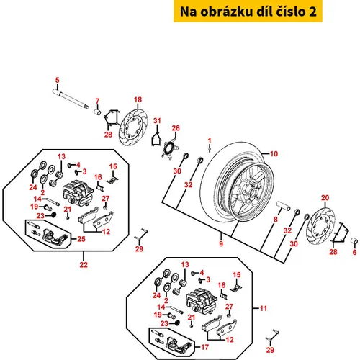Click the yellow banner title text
pos(248,12)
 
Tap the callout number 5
pos(57,80)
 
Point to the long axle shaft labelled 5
pos(71,99)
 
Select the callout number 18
pos(138,99)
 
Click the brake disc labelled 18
pos(133,127)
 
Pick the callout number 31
pos(157,120)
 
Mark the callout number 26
pos(176,128)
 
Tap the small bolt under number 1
pos(210,149)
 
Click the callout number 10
pos(274,153)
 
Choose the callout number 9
pos(221,243)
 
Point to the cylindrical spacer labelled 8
pos(283,206)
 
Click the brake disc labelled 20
pos(320,224)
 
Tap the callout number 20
pos(325,198)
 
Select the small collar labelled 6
pos(354,240)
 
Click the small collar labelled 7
pos(97,112)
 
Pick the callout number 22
pos(84,264)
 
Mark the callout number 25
pos(81,239)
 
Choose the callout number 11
pos(264,308)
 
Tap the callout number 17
pos(204,347)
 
